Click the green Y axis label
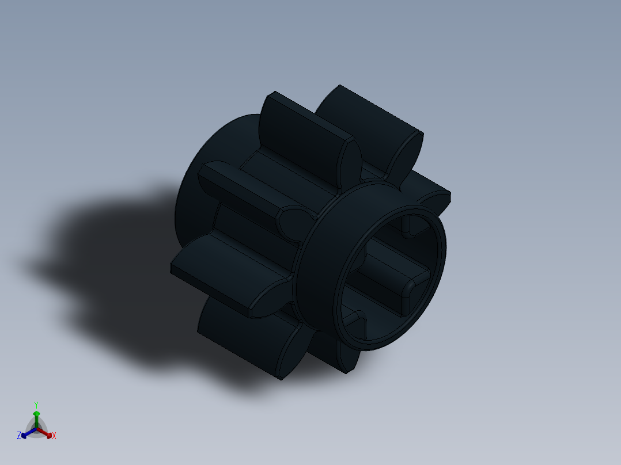click(x=36, y=405)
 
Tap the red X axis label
click(x=54, y=436)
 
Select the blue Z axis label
click(x=19, y=436)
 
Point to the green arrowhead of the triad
click(x=36, y=414)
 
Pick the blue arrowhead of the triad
click(x=24, y=434)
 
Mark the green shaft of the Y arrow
click(x=36, y=422)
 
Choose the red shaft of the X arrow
click(x=43, y=432)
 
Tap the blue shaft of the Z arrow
click(x=30, y=432)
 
